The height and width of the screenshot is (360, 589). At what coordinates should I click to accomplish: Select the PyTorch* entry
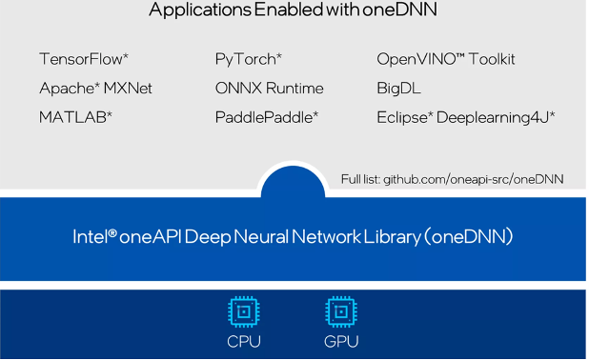pyautogui.click(x=248, y=59)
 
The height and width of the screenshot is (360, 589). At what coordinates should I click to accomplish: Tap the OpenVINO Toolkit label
pyautogui.click(x=445, y=59)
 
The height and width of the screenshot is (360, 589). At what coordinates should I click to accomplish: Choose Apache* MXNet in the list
pyautogui.click(x=95, y=89)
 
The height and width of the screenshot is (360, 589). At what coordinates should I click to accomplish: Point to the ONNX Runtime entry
pyautogui.click(x=269, y=89)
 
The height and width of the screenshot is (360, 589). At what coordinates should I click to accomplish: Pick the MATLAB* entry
pyautogui.click(x=75, y=117)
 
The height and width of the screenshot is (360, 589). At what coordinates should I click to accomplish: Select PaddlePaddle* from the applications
pyautogui.click(x=266, y=117)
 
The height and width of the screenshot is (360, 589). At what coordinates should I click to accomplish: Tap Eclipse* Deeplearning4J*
pyautogui.click(x=465, y=117)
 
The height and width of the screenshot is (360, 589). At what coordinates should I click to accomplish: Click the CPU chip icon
pyautogui.click(x=244, y=311)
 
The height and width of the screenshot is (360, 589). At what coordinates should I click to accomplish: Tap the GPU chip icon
pyautogui.click(x=341, y=311)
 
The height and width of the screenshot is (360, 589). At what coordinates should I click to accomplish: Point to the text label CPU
pyautogui.click(x=244, y=341)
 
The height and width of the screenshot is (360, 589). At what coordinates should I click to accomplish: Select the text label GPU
pyautogui.click(x=341, y=341)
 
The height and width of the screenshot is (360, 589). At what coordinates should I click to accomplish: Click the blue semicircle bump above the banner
pyautogui.click(x=292, y=181)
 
